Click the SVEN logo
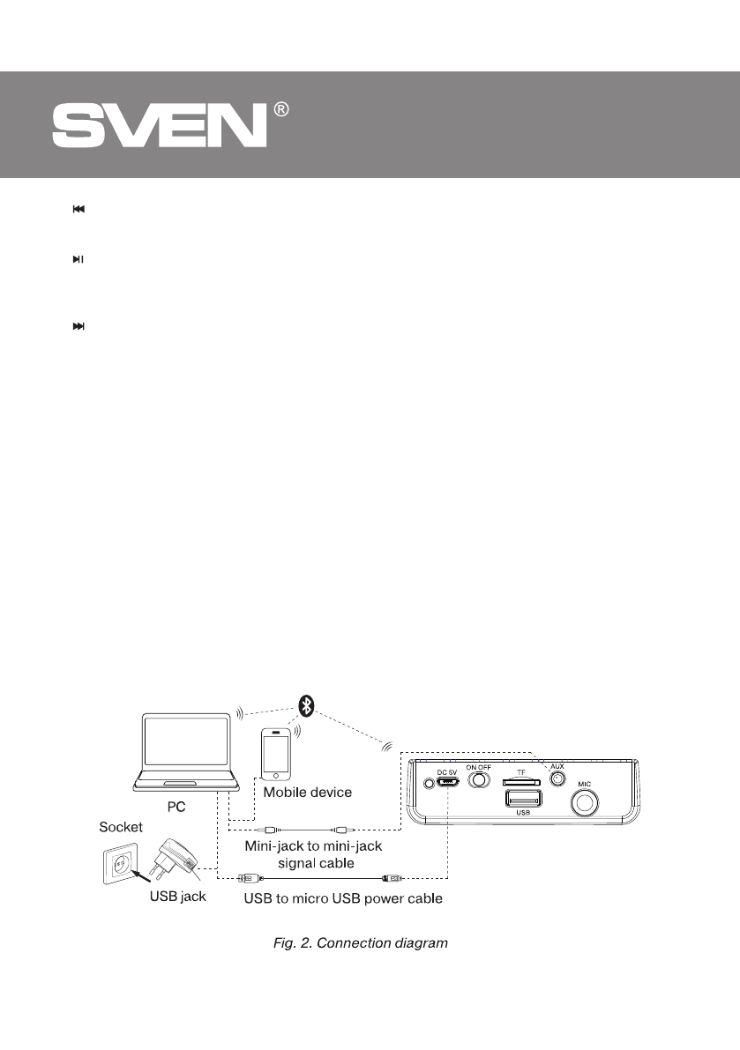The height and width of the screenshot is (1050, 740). (159, 126)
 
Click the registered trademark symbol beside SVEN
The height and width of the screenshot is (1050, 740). (280, 109)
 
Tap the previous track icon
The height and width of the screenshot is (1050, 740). (78, 210)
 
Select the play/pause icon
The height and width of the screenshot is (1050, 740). (78, 260)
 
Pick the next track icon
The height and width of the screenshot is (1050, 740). (78, 326)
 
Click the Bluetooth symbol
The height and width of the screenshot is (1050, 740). (306, 704)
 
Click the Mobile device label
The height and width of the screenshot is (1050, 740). (308, 792)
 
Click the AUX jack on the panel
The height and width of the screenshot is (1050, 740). (557, 779)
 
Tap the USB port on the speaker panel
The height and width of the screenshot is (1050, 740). (522, 799)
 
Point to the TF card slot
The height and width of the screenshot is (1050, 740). (520, 781)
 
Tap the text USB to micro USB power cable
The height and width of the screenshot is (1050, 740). (343, 900)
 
